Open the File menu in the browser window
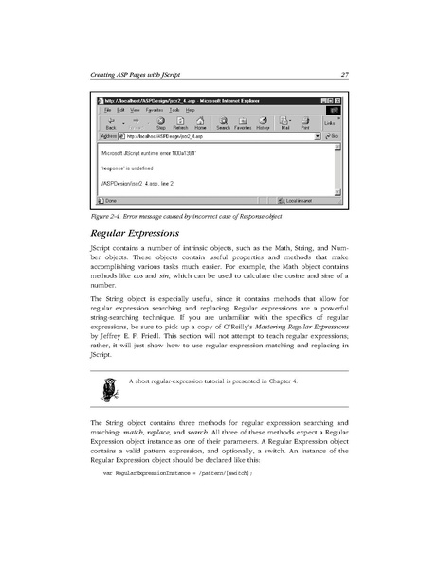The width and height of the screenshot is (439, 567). pyautogui.click(x=107, y=109)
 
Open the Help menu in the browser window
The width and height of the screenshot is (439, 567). pyautogui.click(x=187, y=109)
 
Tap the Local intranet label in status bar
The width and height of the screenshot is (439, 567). pyautogui.click(x=302, y=201)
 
